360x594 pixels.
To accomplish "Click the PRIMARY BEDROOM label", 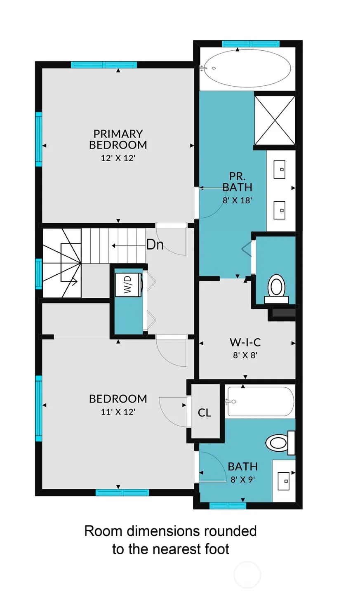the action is [x=118, y=139].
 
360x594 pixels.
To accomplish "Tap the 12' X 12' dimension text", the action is [x=118, y=158].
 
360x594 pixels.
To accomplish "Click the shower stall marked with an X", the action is [x=275, y=120].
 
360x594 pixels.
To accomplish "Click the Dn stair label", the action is [x=155, y=245].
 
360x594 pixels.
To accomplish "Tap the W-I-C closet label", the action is [x=245, y=342].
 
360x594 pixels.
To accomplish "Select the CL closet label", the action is [x=205, y=412].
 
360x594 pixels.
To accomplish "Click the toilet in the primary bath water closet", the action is [x=276, y=289].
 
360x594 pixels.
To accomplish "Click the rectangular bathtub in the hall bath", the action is [x=261, y=401].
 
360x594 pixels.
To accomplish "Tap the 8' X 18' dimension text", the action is [x=237, y=200].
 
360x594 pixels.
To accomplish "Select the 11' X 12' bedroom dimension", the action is [x=118, y=412].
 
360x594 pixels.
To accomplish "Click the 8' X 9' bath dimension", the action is [x=242, y=479].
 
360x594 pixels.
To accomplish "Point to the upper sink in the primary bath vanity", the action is [x=280, y=169].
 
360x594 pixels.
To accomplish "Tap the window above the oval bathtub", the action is [x=251, y=44].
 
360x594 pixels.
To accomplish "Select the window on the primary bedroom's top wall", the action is [x=104, y=65].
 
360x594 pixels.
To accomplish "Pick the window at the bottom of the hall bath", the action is [x=228, y=506].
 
